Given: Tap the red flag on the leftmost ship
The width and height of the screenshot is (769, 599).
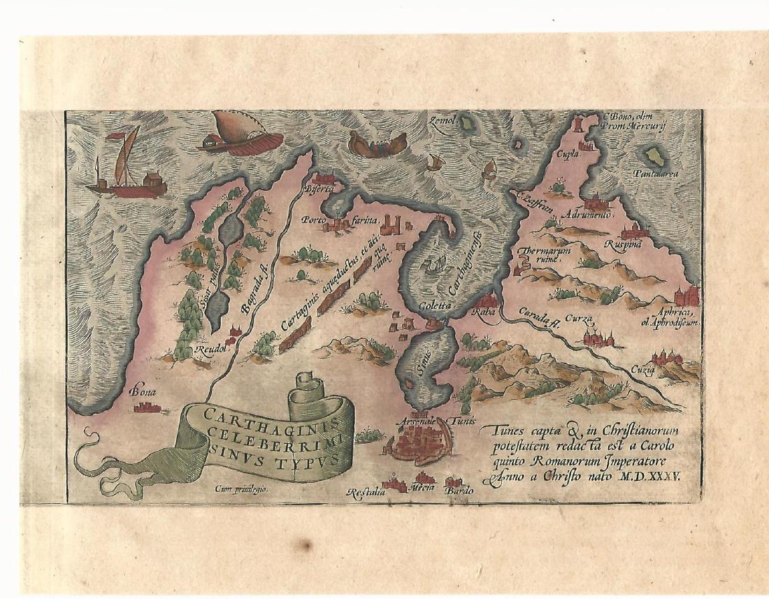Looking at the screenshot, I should [128, 133].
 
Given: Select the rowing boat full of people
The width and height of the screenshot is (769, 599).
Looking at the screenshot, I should [378, 144].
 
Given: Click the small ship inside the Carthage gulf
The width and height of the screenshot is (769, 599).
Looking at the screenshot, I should [434, 265].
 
